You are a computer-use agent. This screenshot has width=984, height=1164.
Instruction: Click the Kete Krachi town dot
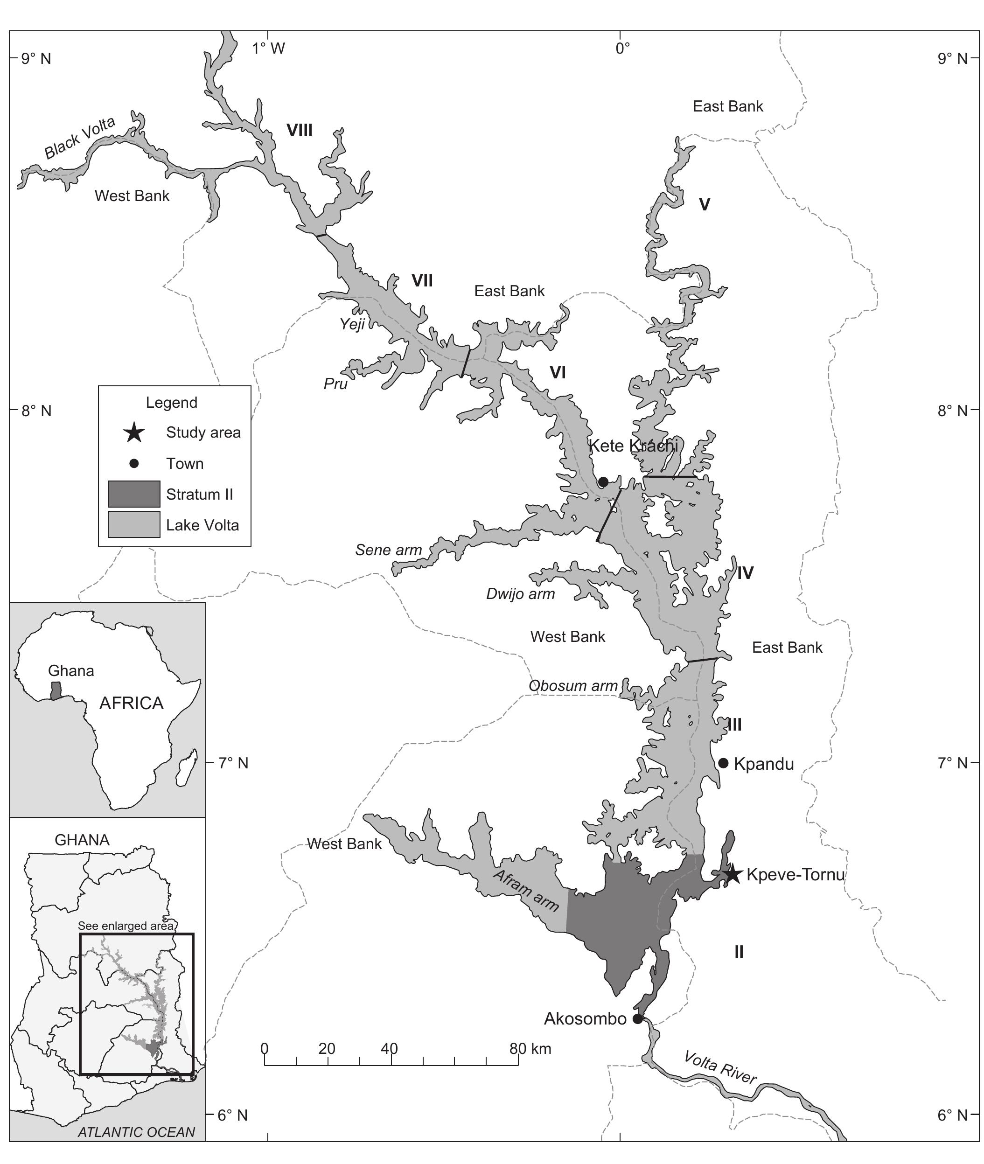pyautogui.click(x=603, y=482)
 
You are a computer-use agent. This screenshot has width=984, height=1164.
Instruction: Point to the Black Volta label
pyautogui.click(x=80, y=138)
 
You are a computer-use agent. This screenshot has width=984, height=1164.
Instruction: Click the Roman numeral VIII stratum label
pyautogui.click(x=300, y=131)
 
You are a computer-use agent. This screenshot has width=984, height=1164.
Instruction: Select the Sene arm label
pyautogui.click(x=389, y=550)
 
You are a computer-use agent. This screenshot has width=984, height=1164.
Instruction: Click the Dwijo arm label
pyautogui.click(x=520, y=593)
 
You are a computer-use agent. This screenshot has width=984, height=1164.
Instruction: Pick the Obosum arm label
pyautogui.click(x=573, y=685)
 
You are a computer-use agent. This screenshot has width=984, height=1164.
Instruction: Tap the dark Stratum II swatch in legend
pyautogui.click(x=134, y=494)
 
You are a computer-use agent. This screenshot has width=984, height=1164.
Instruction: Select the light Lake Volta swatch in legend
pyautogui.click(x=134, y=525)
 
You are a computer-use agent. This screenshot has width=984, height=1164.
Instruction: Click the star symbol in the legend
pyautogui.click(x=134, y=432)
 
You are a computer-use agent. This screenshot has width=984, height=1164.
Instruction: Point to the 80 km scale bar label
pyautogui.click(x=530, y=1049)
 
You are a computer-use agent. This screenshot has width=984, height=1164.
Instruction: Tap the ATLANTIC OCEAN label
pyautogui.click(x=136, y=1132)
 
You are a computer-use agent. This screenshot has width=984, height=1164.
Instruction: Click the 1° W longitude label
pyautogui.click(x=268, y=49)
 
